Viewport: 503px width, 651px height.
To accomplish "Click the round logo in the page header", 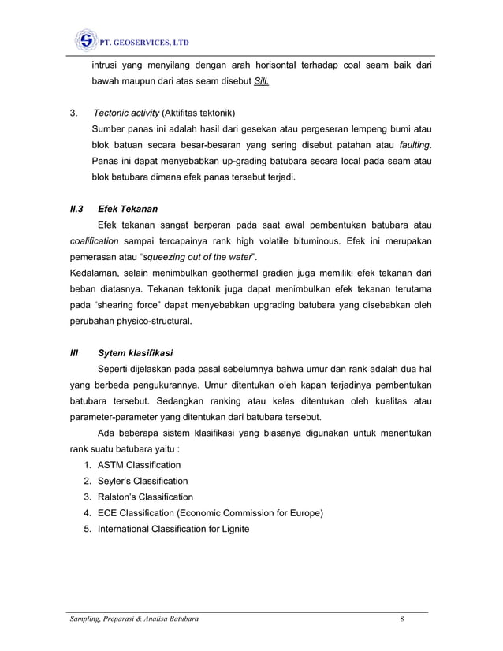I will pyautogui.click(x=84, y=40).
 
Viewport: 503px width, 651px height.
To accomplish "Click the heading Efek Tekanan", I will pyautogui.click(x=127, y=209).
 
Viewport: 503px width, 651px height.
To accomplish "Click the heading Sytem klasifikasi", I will pyautogui.click(x=135, y=352).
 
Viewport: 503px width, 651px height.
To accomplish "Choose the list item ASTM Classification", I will pyautogui.click(x=139, y=465).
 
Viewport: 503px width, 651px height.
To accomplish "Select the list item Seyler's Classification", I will pyautogui.click(x=142, y=481).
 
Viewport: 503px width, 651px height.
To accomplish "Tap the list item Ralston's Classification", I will pyautogui.click(x=144, y=497).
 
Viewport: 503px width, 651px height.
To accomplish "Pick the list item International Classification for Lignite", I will pyautogui.click(x=173, y=529).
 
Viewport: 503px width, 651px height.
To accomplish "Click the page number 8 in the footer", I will pyautogui.click(x=401, y=619).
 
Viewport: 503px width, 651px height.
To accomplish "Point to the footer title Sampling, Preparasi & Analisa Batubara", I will pyautogui.click(x=133, y=619).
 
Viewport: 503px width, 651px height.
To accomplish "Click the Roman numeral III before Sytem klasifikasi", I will pyautogui.click(x=76, y=352).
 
